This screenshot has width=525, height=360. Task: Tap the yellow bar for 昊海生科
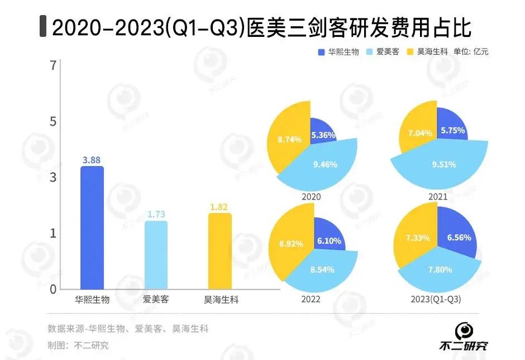(x=219, y=252)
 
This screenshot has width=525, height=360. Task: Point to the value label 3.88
(x=92, y=160)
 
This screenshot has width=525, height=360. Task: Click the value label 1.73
(x=156, y=214)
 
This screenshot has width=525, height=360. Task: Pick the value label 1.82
(x=219, y=207)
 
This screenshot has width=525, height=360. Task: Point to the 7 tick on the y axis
(x=54, y=66)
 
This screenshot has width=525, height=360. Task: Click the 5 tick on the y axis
(x=54, y=122)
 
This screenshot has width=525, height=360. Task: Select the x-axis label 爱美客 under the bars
(x=156, y=300)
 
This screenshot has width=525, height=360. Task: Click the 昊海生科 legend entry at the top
(x=427, y=52)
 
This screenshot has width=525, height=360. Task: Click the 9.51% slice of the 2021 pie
(x=441, y=164)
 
